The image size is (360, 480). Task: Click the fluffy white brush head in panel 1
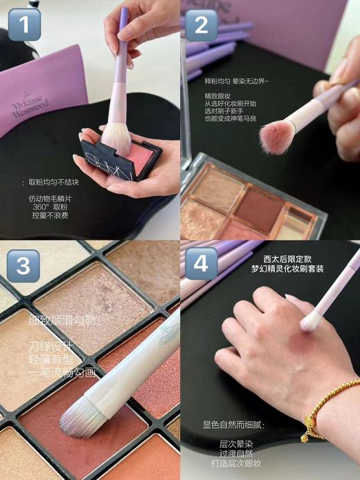coord(116,137)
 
